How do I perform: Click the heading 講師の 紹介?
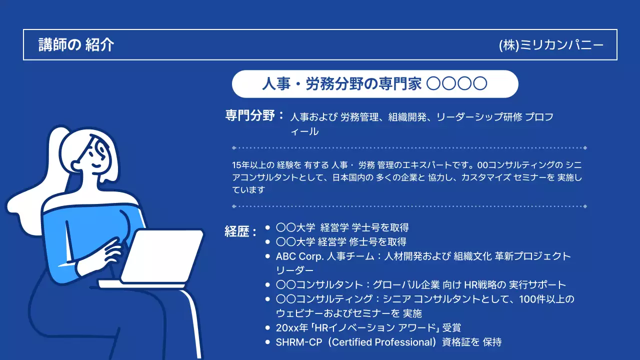(76, 45)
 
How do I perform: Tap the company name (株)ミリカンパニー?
(551, 45)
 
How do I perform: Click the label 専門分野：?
(255, 116)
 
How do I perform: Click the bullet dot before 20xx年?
(267, 328)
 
